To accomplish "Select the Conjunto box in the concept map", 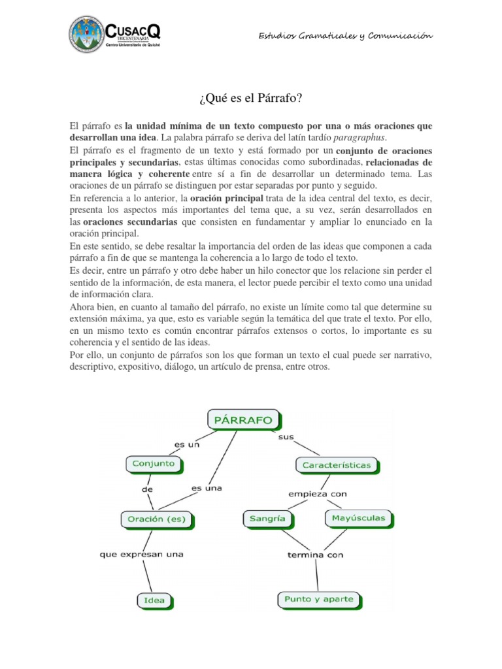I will point(154,464).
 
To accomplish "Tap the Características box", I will point(337,466).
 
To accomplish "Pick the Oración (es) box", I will point(157,519).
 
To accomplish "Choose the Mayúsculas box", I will point(358,519).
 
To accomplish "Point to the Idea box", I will point(155,600).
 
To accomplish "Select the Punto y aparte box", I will point(319,598).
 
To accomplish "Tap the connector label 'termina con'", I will point(316,555).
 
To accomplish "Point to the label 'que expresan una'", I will point(141,554).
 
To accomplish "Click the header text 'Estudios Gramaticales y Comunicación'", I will point(346,36).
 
